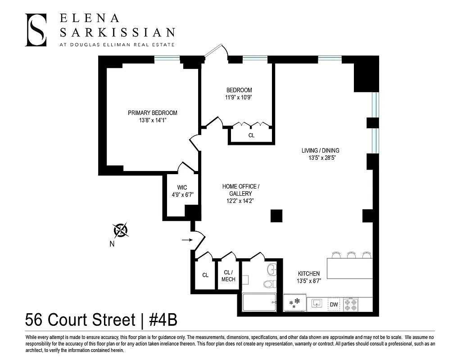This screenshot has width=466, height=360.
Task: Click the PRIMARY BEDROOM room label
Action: [152, 113]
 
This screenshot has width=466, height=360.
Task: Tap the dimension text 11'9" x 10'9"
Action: [239, 98]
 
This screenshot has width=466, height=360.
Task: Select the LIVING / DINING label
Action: [320, 150]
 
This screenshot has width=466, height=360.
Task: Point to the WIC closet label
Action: [182, 188]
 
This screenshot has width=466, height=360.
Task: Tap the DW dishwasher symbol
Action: [334, 304]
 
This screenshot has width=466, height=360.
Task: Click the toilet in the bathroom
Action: [269, 284]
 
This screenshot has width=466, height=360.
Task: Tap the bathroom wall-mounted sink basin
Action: [271, 270]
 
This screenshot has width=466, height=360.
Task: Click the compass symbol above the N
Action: [121, 230]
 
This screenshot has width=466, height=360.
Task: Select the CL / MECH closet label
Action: [228, 276]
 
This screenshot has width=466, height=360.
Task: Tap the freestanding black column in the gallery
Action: [276, 216]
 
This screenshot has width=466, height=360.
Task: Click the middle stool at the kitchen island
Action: [351, 255]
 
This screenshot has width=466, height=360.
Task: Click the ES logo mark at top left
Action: [36, 30]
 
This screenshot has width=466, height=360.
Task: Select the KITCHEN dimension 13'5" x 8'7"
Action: [309, 281]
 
